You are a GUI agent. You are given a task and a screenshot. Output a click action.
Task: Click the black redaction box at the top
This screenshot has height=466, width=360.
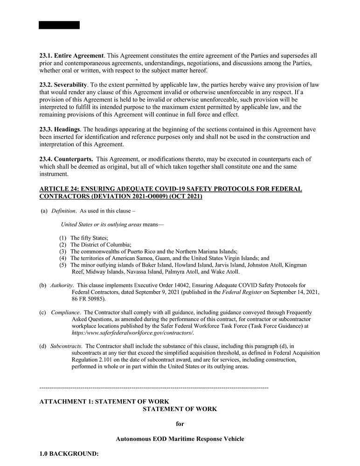coord(59,25)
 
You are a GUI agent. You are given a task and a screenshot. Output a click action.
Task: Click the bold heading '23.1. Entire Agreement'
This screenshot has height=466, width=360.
coord(71,56)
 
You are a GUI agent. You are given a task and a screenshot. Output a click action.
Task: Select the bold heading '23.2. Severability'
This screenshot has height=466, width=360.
coord(63,85)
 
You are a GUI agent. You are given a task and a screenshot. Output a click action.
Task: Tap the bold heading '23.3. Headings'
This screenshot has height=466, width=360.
coord(60,130)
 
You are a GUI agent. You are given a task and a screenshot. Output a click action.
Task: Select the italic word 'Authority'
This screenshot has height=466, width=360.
coord(62,285)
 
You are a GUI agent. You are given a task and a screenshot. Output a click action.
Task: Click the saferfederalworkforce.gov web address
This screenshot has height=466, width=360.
coord(132,333)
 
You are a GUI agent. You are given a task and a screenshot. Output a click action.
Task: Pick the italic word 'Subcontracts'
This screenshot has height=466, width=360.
coord(66,346)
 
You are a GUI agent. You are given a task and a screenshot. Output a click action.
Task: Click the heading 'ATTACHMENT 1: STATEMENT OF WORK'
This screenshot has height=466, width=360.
coord(104,402)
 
